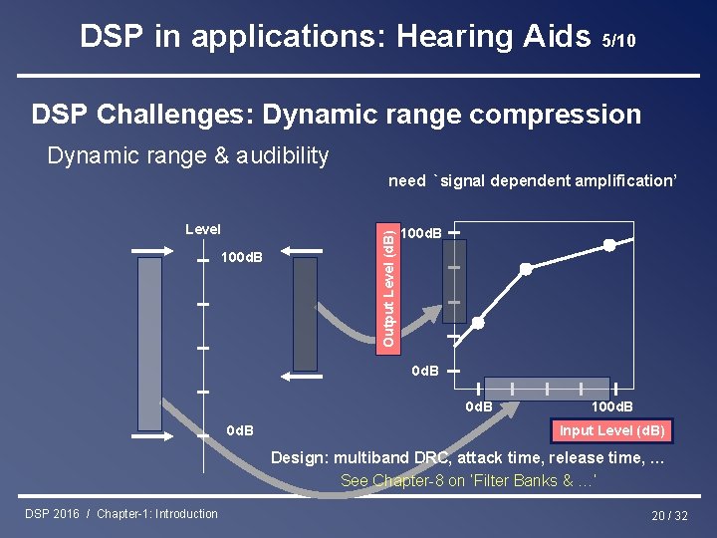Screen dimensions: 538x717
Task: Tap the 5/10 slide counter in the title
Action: click(618, 41)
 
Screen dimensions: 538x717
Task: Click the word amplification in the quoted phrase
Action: click(622, 180)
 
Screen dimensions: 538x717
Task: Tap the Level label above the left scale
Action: click(203, 229)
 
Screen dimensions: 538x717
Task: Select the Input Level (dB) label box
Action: click(611, 430)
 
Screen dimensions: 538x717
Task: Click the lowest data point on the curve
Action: click(478, 323)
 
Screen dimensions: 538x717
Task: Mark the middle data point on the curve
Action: click(526, 269)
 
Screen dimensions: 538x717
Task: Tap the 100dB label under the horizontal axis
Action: click(611, 406)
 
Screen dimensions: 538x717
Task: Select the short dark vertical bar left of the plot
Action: click(305, 314)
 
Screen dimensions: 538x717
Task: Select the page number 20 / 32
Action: click(668, 515)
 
